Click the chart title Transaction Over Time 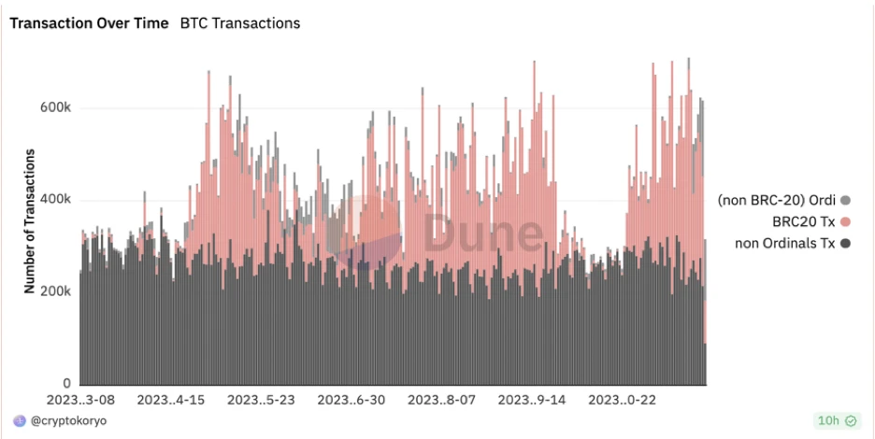click(89, 23)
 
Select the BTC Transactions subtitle click(240, 23)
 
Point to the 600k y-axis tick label click(55, 108)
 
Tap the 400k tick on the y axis click(55, 200)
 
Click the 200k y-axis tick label click(55, 291)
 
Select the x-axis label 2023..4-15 click(171, 400)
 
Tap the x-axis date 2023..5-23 click(262, 400)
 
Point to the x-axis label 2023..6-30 click(352, 400)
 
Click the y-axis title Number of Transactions click(31, 221)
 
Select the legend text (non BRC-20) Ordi click(777, 200)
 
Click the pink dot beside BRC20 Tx click(845, 221)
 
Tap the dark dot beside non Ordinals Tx click(845, 244)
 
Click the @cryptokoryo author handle click(68, 421)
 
